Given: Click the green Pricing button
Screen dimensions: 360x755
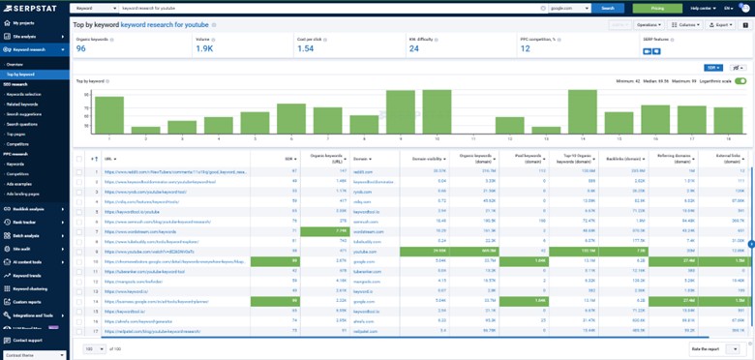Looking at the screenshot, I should (656, 7).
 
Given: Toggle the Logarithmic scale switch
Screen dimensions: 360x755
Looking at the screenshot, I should (740, 80).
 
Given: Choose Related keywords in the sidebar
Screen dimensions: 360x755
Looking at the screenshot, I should (23, 104).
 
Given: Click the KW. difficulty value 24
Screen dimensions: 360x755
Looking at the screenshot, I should (414, 47).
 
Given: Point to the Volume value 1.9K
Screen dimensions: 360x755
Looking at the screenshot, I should (205, 47).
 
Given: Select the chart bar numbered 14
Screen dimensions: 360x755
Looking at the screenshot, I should (582, 107).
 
